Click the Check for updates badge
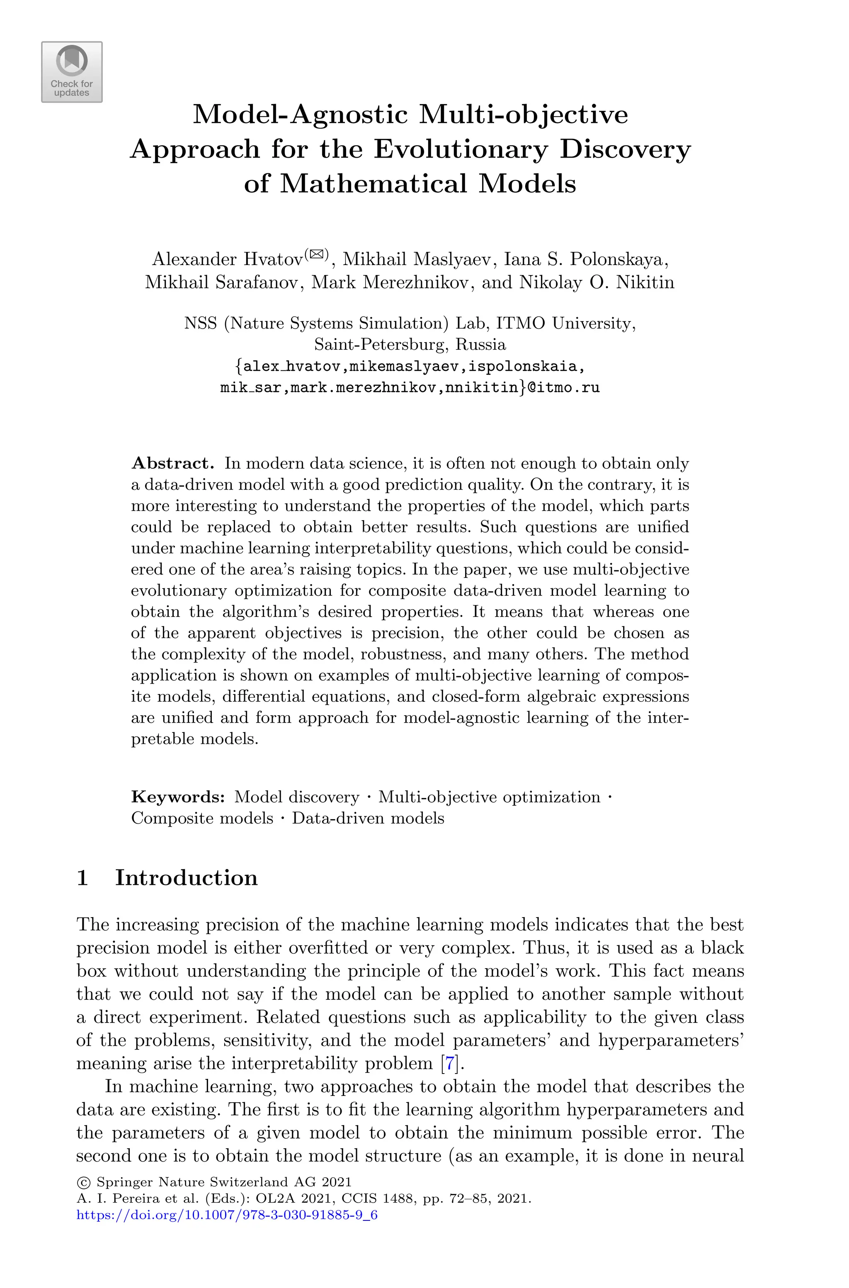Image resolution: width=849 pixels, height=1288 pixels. point(71,72)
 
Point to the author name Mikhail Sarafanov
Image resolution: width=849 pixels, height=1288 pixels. point(223,282)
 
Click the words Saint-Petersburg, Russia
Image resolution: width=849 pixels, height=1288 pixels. point(410,344)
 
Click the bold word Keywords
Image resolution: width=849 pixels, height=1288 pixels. point(177,797)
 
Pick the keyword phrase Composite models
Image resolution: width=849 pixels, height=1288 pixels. point(202,818)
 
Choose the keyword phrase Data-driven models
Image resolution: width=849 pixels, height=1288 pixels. point(368,818)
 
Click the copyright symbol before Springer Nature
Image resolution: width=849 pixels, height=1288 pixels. point(83,1182)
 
